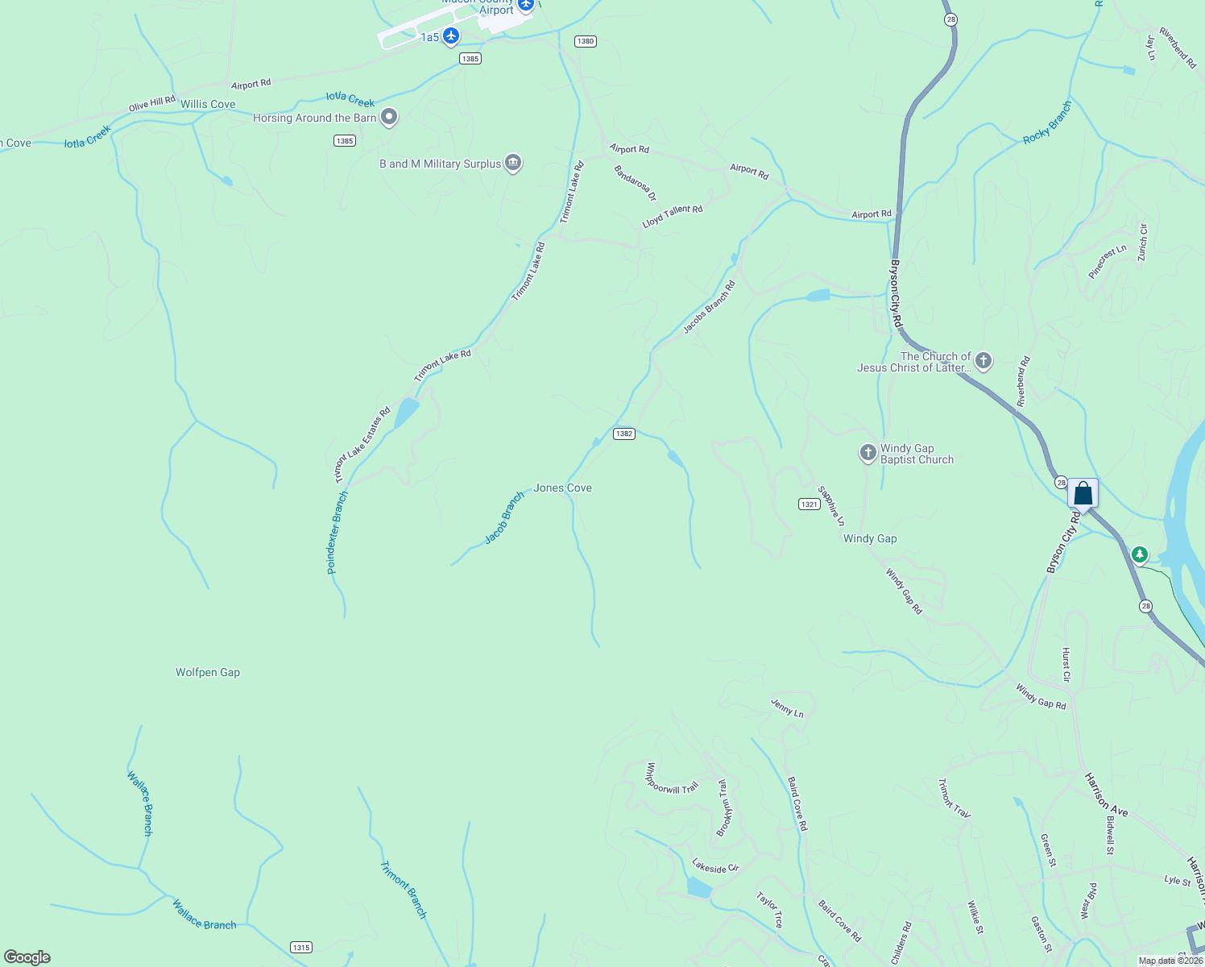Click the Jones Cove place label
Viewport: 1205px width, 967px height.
(562, 488)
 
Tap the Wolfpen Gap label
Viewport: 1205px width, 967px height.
(208, 672)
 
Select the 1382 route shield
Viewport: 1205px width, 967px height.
(624, 434)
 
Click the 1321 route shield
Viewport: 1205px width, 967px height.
(810, 504)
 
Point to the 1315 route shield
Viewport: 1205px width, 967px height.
(301, 947)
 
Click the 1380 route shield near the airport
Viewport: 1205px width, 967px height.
(586, 41)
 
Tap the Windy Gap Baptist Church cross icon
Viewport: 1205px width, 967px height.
(868, 453)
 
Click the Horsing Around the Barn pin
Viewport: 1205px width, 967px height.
(389, 118)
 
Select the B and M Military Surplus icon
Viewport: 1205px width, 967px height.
(513, 163)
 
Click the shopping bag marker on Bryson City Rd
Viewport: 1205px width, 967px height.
(1083, 493)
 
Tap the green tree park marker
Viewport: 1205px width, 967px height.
(1139, 554)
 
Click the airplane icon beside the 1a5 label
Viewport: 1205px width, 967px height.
(451, 35)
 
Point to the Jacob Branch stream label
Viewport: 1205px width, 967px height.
(504, 517)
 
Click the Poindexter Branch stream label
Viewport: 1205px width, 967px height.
(337, 533)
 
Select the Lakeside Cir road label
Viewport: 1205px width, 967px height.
(715, 866)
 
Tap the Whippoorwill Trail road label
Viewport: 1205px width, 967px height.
(672, 778)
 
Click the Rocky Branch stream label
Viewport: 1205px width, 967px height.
(1047, 123)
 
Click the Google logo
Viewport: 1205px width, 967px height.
(27, 957)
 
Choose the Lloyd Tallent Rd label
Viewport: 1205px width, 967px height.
(673, 216)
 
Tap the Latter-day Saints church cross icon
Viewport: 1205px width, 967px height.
(983, 361)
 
